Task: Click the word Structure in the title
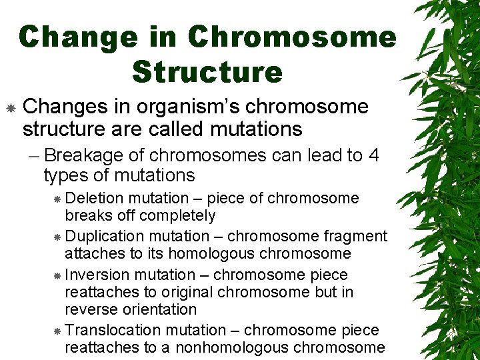207,71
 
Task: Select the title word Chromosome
292,37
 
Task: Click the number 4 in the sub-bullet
373,155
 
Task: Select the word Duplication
105,236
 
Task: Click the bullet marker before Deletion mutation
57,199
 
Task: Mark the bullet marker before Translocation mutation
57,331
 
